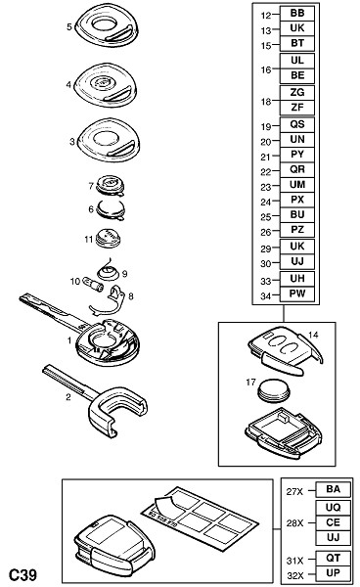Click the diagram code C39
point(22,574)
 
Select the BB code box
point(297,14)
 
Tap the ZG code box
point(297,93)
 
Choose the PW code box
point(297,293)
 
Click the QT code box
point(333,558)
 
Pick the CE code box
point(333,522)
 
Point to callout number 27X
point(294,491)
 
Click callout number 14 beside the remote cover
point(313,335)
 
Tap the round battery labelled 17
point(274,390)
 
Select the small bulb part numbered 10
point(93,284)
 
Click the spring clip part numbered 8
point(108,301)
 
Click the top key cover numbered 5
point(107,26)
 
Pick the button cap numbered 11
point(108,239)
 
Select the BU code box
point(297,215)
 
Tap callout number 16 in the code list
point(266,69)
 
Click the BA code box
point(333,489)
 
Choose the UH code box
point(297,279)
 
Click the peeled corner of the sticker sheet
point(162,503)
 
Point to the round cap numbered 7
point(110,186)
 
